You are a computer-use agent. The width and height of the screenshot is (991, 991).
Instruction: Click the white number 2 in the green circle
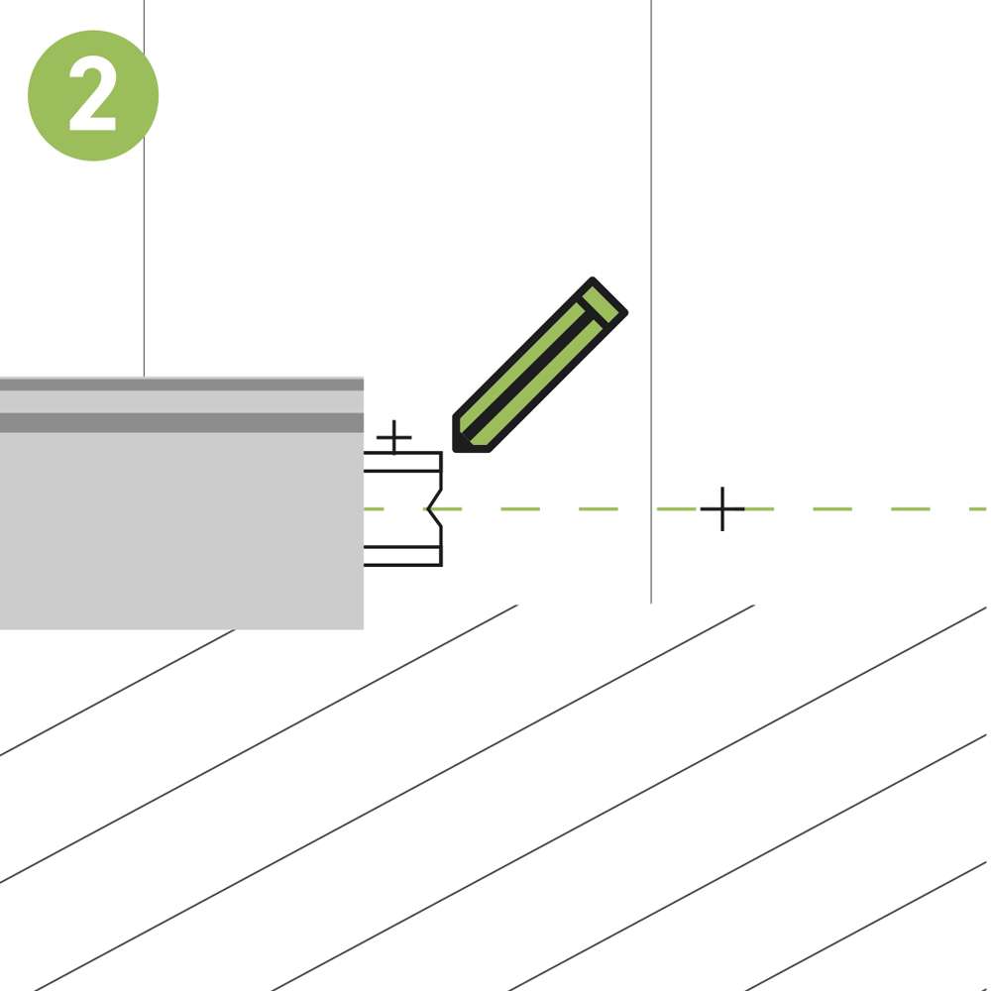(92, 95)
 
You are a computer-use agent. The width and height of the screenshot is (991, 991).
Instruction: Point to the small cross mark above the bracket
(393, 437)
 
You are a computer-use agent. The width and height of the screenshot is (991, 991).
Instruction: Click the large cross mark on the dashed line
(722, 508)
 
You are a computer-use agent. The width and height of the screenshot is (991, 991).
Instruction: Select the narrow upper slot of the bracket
(402, 462)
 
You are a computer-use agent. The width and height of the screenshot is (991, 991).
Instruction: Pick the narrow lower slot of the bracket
(402, 556)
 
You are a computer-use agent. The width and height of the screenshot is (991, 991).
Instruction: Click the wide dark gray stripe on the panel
(181, 423)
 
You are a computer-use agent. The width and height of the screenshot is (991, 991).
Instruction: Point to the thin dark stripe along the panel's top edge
(181, 385)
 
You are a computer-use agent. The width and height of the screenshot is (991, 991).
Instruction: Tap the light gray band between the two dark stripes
(181, 402)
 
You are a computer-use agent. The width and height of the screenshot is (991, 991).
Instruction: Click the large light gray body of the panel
(181, 531)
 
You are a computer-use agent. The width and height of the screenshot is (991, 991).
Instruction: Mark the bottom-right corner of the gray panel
(364, 629)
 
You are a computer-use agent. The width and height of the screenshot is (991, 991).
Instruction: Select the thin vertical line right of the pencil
(651, 301)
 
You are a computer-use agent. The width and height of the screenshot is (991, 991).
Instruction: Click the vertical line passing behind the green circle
(144, 188)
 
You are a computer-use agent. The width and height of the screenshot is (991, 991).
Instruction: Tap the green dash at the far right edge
(978, 508)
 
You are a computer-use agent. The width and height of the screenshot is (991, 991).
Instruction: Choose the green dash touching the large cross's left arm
(676, 508)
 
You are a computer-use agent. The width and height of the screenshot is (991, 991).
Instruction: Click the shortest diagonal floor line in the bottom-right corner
(866, 926)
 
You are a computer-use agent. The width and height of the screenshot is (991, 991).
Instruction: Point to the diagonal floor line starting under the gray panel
(118, 693)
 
